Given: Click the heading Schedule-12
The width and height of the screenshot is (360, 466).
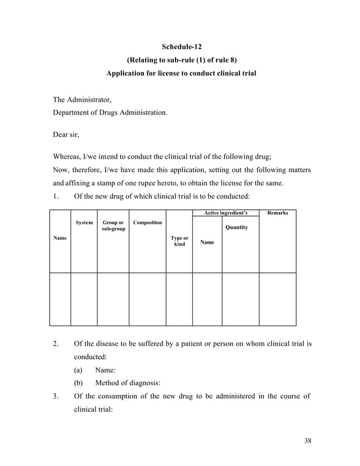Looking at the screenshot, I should (x=178, y=46).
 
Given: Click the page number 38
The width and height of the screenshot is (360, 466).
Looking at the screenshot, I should (x=308, y=441).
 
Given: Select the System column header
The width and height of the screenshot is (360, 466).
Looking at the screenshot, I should (x=84, y=223).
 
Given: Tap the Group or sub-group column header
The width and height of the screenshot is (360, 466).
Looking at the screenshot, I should (x=113, y=226).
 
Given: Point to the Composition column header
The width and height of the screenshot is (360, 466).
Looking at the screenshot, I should (x=147, y=223).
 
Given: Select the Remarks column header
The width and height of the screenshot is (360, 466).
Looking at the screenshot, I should (x=278, y=213).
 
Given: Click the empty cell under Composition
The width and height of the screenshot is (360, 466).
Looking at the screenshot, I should (x=147, y=299).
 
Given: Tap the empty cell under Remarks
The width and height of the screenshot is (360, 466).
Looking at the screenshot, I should (x=278, y=299).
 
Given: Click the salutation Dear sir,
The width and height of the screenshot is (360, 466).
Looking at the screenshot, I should (x=66, y=135).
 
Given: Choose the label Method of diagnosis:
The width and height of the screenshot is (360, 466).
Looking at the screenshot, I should (x=128, y=383).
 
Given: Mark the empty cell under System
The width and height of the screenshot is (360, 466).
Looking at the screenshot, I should (x=84, y=299).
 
